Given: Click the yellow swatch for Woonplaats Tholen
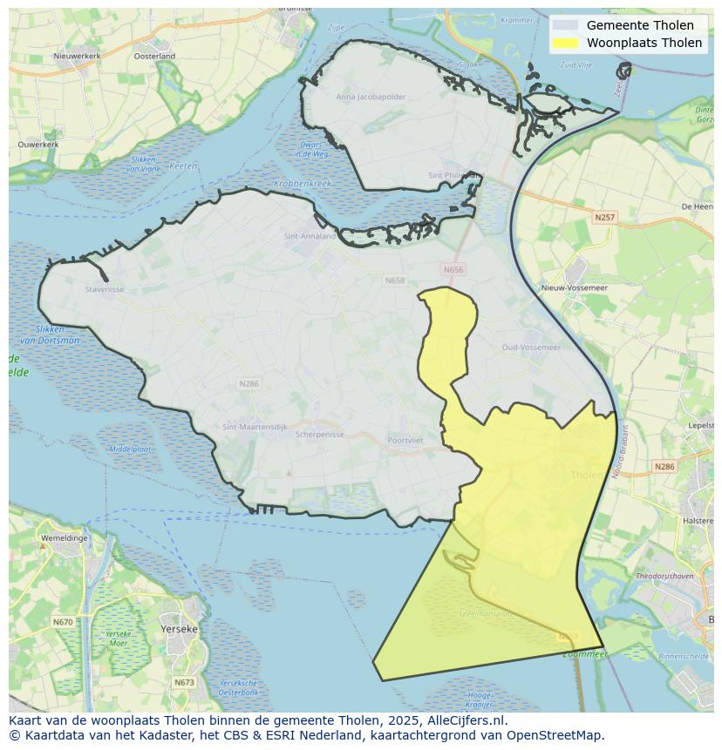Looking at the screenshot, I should (565, 43).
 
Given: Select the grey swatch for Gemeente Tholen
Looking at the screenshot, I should (565, 25).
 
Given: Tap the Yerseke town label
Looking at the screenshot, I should (180, 628).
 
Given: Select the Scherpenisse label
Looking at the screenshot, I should (320, 434).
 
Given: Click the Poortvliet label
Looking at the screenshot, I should (405, 441).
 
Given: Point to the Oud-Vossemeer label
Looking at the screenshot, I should (531, 347).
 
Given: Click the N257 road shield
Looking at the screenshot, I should (604, 217).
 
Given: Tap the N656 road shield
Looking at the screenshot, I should (453, 270).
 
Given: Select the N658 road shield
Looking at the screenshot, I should (395, 280).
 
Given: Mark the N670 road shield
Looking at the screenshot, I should (63, 622).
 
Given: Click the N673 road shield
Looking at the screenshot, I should (184, 683).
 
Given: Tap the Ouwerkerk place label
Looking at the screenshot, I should (37, 144).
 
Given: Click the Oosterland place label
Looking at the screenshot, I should (154, 57).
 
